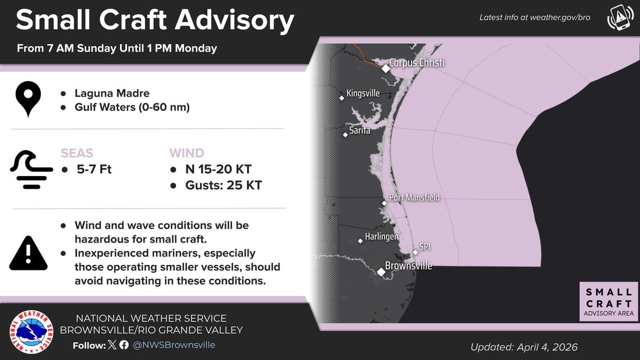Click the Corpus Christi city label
pos(417,63)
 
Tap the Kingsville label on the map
pos(363,93)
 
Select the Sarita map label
pos(359,130)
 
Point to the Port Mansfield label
pos(414,197)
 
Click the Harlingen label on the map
pos(381,236)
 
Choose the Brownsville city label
pos(409,266)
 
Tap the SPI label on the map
pos(425,246)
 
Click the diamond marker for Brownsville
pos(381,272)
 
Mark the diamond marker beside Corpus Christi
pos(386,68)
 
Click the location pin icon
pos(28,99)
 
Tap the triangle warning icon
pos(28,253)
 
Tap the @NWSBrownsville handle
pos(173,345)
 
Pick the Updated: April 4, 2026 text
pos(524,347)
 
